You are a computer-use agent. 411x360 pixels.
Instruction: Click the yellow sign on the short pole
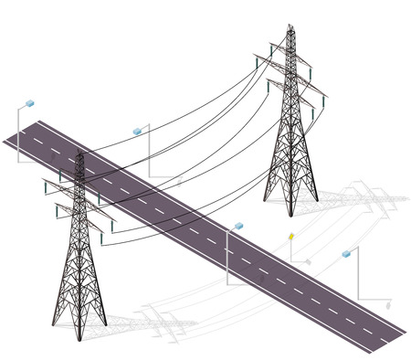pyautogui.click(x=290, y=237)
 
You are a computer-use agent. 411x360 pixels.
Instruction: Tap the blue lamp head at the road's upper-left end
pyautogui.click(x=31, y=102)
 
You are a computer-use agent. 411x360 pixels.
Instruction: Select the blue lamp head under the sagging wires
pyautogui.click(x=138, y=131)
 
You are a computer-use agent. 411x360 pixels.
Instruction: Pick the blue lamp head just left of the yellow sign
pyautogui.click(x=239, y=224)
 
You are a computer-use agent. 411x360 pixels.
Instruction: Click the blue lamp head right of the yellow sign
pyautogui.click(x=346, y=254)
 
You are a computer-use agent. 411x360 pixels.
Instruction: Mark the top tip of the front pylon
pyautogui.click(x=80, y=151)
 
